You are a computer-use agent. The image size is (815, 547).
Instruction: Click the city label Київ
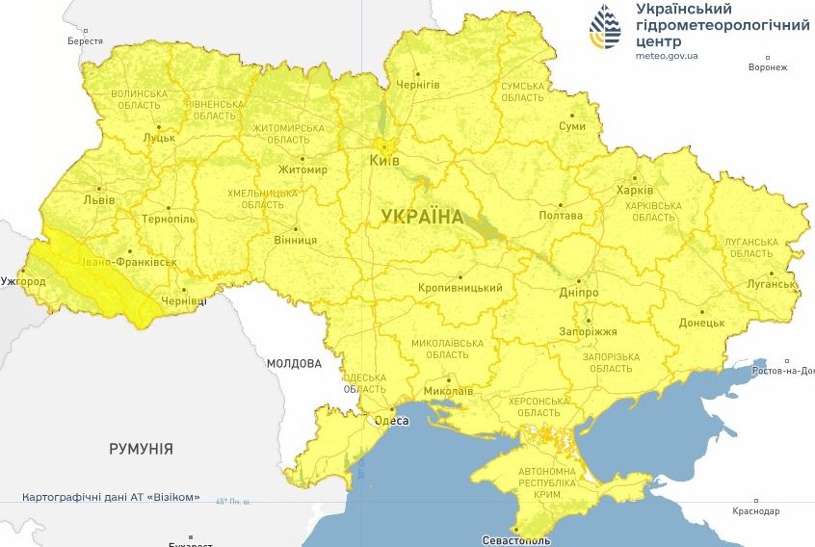tap(384, 161)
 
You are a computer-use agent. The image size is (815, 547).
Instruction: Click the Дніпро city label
tap(578, 293)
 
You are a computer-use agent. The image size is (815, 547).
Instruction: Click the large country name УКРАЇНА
tap(422, 216)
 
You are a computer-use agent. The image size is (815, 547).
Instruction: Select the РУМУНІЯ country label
tap(141, 449)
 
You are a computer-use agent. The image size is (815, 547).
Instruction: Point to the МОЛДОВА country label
tap(294, 364)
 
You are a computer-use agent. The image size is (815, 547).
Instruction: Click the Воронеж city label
tap(768, 67)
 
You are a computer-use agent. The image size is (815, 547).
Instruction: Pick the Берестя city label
tap(85, 41)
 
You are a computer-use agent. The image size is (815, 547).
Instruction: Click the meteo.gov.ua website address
tap(667, 56)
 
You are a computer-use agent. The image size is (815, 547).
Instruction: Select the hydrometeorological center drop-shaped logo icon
tap(606, 28)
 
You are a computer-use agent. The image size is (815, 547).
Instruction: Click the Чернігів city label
tap(419, 85)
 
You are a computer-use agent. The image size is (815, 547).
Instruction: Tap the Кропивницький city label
tap(460, 288)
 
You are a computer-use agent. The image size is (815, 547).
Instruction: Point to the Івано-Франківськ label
tap(129, 262)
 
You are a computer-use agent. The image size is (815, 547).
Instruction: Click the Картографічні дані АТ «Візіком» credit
tap(112, 498)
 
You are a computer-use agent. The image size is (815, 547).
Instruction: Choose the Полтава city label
tap(561, 217)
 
